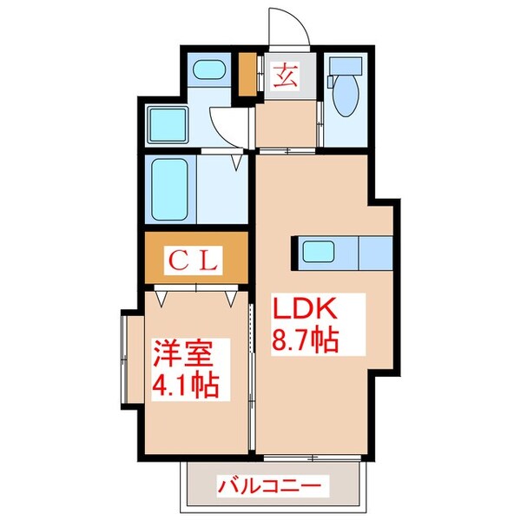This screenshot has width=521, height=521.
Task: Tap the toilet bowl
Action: pos(345,97)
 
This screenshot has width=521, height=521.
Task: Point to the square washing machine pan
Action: pos(168,126)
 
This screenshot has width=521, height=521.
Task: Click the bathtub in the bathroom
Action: pos(172,190)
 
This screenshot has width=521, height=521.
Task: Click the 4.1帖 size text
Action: pos(185,382)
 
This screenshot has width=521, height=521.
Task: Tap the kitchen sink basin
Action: pos(314,253)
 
